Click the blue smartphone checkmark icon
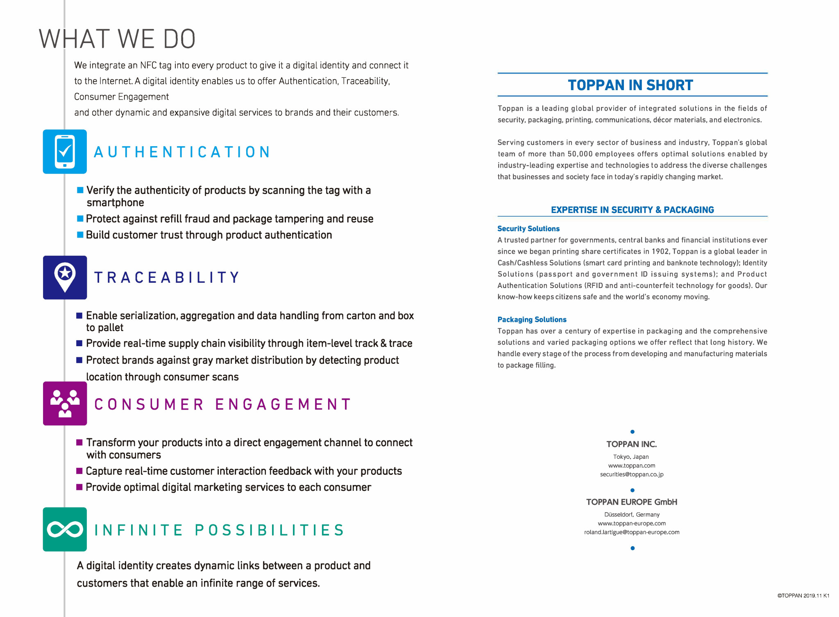(65, 152)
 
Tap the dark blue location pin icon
(65, 277)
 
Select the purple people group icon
(65, 404)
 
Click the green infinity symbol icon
(65, 529)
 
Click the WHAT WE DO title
(117, 39)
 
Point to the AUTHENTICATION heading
(182, 152)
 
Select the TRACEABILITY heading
(167, 278)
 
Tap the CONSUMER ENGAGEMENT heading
(223, 404)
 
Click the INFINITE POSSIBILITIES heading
(220, 530)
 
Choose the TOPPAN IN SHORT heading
(630, 85)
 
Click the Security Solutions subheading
(528, 229)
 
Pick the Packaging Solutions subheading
(532, 320)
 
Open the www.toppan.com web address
(632, 465)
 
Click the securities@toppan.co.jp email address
(632, 474)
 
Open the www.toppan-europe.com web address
(632, 523)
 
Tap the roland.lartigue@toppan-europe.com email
(632, 532)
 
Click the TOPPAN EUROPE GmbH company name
(632, 502)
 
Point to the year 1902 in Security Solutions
(660, 252)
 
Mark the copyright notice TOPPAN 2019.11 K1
(803, 596)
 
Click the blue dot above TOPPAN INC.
(633, 432)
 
